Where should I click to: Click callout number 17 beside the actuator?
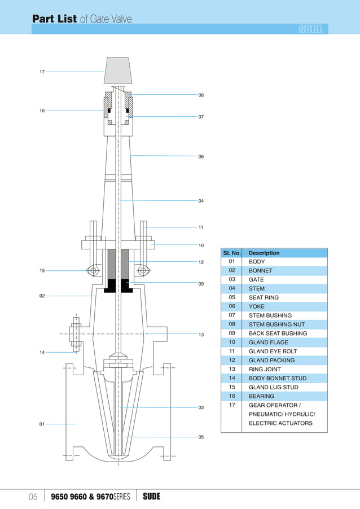click(x=42, y=72)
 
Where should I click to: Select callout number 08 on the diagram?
click(x=201, y=95)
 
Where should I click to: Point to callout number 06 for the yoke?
click(x=201, y=156)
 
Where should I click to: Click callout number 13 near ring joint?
click(x=201, y=335)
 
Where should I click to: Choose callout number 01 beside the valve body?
click(x=42, y=424)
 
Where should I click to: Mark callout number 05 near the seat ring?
click(x=201, y=437)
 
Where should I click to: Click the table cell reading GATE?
click(x=256, y=279)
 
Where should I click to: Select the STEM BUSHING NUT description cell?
click(x=277, y=324)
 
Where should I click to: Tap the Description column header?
click(x=264, y=253)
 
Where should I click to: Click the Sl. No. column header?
click(x=232, y=253)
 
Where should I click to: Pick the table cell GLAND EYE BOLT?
click(x=273, y=351)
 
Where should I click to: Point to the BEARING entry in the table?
click(x=261, y=396)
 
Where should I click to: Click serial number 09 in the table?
click(x=232, y=333)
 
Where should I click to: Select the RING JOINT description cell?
click(x=265, y=369)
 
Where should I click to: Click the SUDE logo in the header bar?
click(x=310, y=29)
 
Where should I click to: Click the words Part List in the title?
click(x=54, y=19)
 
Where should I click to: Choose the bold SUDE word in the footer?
click(x=151, y=497)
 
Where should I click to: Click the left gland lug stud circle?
click(x=93, y=271)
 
